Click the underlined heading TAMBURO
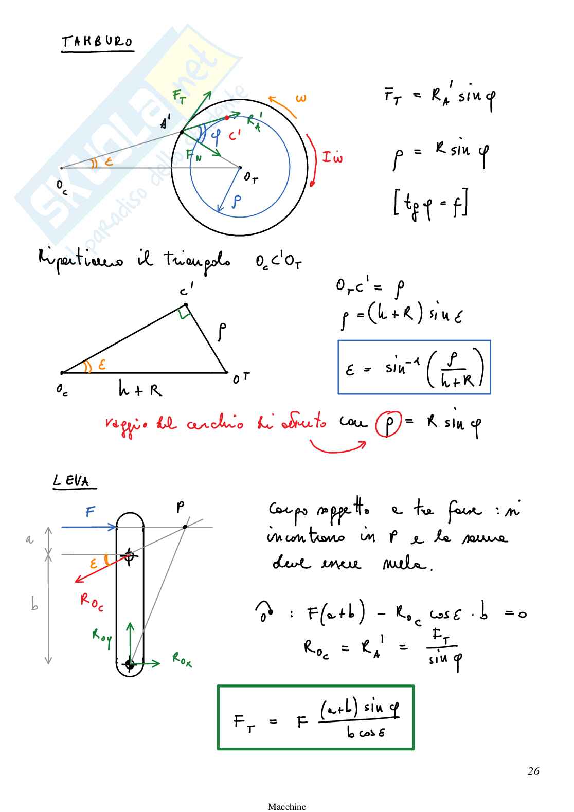[97, 42]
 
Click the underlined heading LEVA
[71, 481]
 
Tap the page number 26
[533, 771]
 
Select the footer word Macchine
[286, 806]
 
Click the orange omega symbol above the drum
[301, 98]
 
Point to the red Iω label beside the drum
[332, 157]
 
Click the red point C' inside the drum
[227, 118]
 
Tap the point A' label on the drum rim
[165, 122]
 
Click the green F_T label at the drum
[180, 97]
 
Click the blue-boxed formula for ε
[414, 367]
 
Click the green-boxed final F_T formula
[316, 717]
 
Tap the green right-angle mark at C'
[185, 312]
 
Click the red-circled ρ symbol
[388, 424]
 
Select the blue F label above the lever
[90, 512]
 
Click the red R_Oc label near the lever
[91, 602]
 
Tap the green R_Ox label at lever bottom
[182, 659]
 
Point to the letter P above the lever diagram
[180, 507]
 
